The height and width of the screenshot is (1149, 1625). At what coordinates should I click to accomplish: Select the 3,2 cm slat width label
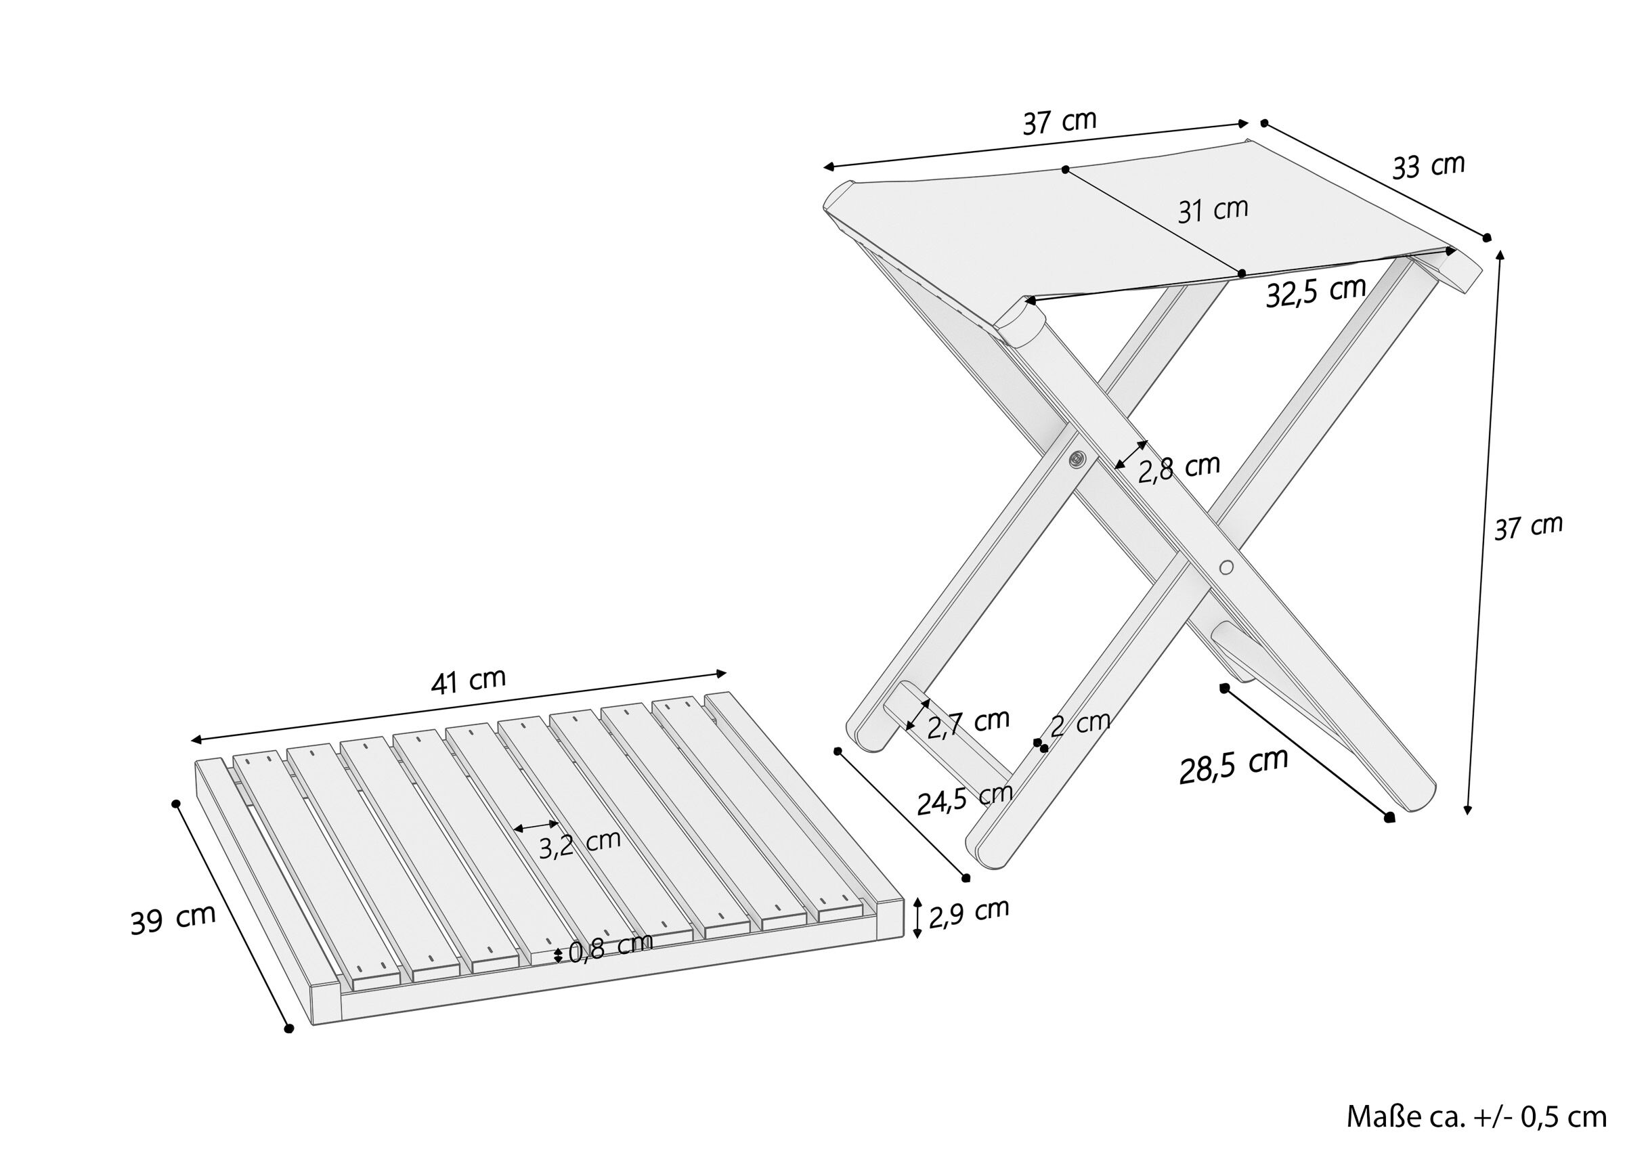pyautogui.click(x=580, y=844)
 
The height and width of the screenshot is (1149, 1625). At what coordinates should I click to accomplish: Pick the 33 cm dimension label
pyautogui.click(x=1428, y=167)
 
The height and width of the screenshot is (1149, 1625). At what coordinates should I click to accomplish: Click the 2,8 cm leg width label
pyautogui.click(x=1179, y=468)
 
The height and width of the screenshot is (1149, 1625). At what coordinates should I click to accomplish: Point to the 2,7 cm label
pyautogui.click(x=968, y=723)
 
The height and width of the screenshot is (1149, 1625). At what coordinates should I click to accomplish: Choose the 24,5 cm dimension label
pyautogui.click(x=965, y=799)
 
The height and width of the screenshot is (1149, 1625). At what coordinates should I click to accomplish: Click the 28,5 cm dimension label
pyautogui.click(x=1234, y=766)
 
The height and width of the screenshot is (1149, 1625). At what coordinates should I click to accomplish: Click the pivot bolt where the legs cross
pyautogui.click(x=1077, y=460)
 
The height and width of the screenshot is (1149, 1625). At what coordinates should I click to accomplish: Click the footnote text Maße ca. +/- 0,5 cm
pyautogui.click(x=1476, y=1117)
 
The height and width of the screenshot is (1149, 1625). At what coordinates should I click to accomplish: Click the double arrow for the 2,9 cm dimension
pyautogui.click(x=918, y=917)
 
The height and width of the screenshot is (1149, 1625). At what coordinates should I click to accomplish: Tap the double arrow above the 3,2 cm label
pyautogui.click(x=536, y=825)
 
